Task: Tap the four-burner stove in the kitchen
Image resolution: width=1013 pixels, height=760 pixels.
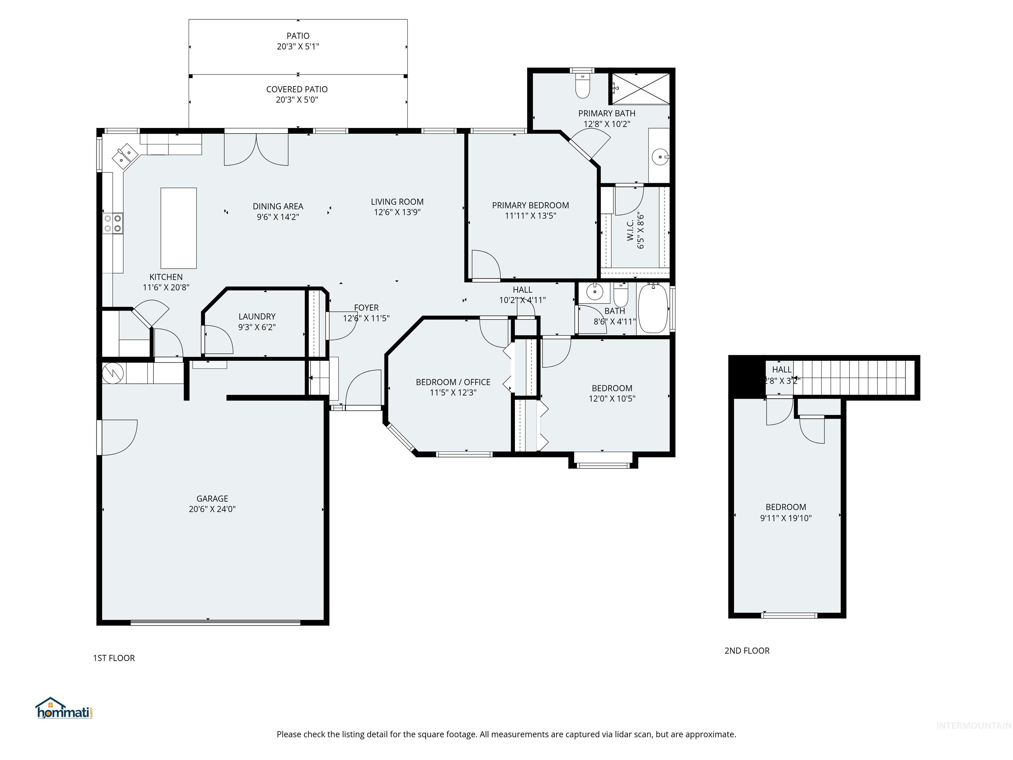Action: [x=113, y=223]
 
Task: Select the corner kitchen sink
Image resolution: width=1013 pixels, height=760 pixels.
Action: [x=125, y=155]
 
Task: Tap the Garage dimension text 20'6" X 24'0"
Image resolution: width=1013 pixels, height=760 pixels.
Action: [x=212, y=509]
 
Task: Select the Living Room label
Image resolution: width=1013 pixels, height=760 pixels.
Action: [x=397, y=202]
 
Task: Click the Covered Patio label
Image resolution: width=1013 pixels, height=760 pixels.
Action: [x=297, y=89]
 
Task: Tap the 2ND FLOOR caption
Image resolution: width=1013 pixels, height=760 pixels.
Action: [x=747, y=650]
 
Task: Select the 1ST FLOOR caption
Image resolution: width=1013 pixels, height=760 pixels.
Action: [x=113, y=658]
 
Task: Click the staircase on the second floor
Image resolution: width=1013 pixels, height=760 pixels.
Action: [x=852, y=377]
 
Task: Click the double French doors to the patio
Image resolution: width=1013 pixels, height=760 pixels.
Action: [x=256, y=150]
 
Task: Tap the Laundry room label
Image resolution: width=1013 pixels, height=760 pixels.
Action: [x=257, y=317]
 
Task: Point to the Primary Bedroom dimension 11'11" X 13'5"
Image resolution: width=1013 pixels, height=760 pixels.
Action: [x=530, y=216]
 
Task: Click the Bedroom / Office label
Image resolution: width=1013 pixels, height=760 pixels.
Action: [x=453, y=382]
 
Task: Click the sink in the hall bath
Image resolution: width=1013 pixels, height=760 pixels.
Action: [x=595, y=291]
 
